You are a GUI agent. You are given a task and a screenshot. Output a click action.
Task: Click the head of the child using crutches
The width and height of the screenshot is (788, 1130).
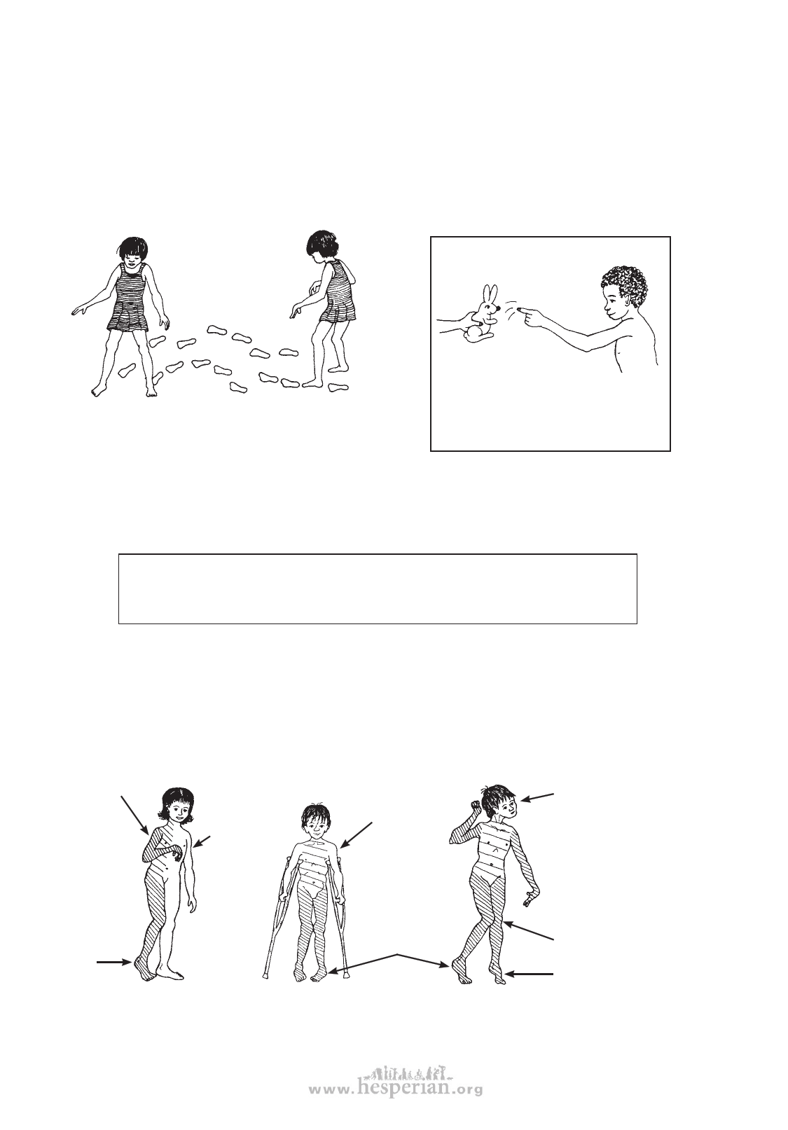pyautogui.click(x=314, y=819)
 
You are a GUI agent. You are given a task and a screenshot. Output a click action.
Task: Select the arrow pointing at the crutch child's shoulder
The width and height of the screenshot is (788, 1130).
pyautogui.click(x=356, y=835)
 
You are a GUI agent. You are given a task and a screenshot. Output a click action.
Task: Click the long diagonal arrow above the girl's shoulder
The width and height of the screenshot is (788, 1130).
pyautogui.click(x=134, y=815)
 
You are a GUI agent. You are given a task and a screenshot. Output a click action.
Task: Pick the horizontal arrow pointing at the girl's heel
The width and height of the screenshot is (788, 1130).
pyautogui.click(x=115, y=962)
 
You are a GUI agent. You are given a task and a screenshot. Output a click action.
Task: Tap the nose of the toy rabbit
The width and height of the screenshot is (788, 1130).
pyautogui.click(x=499, y=305)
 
